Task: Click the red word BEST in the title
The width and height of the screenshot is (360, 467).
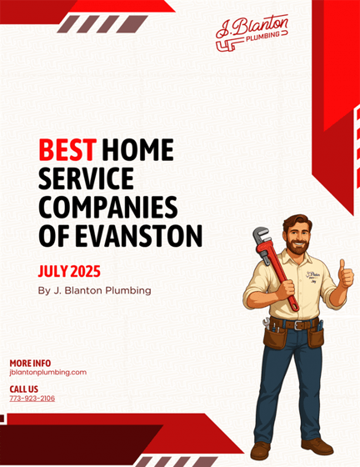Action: coord(67,149)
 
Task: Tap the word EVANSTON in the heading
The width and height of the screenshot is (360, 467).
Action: coord(138,236)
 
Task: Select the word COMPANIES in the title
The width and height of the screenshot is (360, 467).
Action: coord(108,208)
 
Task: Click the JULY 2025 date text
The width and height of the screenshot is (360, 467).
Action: coord(69,271)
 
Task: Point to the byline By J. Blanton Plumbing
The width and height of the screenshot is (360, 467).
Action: coord(95,290)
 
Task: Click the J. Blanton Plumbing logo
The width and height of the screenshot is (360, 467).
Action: coord(252,33)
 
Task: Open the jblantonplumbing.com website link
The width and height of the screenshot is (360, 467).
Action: coord(47,372)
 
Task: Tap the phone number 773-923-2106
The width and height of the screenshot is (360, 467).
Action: coord(32,399)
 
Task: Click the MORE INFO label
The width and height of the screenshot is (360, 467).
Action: coord(30,364)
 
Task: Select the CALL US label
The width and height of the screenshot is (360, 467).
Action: coord(24,389)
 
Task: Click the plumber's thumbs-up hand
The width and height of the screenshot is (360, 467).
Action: coord(346,274)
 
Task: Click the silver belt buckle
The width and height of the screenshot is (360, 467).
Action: coord(298,325)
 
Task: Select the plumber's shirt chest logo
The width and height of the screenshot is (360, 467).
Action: coord(312,276)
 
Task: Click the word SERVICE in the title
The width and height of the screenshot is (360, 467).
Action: coord(86,178)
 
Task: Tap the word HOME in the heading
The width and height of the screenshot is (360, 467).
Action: coord(137,149)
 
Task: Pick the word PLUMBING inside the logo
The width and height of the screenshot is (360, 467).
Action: coord(262,37)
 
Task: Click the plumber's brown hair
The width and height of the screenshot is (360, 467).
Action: coord(297,223)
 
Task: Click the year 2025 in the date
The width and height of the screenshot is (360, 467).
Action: coord(85,271)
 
